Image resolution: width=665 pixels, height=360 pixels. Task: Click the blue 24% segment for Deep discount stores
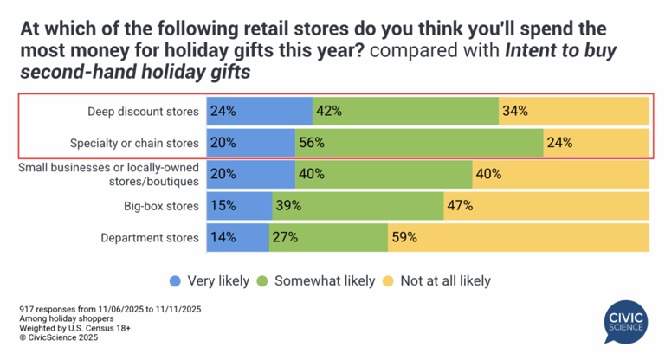[259, 111]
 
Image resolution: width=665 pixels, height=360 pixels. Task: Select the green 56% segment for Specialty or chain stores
[419, 143]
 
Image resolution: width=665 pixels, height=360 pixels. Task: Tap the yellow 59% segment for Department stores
[518, 237]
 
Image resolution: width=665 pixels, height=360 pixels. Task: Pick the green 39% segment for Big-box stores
[358, 206]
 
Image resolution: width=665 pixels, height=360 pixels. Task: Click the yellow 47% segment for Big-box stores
[546, 206]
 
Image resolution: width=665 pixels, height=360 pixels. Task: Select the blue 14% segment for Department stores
[237, 237]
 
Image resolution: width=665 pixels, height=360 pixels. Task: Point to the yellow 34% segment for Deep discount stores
[573, 111]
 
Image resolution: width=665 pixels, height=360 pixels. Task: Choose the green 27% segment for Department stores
[328, 237]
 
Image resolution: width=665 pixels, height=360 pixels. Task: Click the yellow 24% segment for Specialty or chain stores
[596, 143]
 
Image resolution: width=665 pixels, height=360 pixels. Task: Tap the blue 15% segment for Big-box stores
[239, 206]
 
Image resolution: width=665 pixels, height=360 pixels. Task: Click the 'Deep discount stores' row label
[143, 111]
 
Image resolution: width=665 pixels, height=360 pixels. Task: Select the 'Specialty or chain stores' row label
[135, 143]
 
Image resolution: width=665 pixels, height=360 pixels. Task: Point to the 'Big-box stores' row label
[162, 206]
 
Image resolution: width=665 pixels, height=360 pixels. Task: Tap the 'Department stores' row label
[151, 237]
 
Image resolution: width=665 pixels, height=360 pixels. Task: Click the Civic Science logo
[625, 323]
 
